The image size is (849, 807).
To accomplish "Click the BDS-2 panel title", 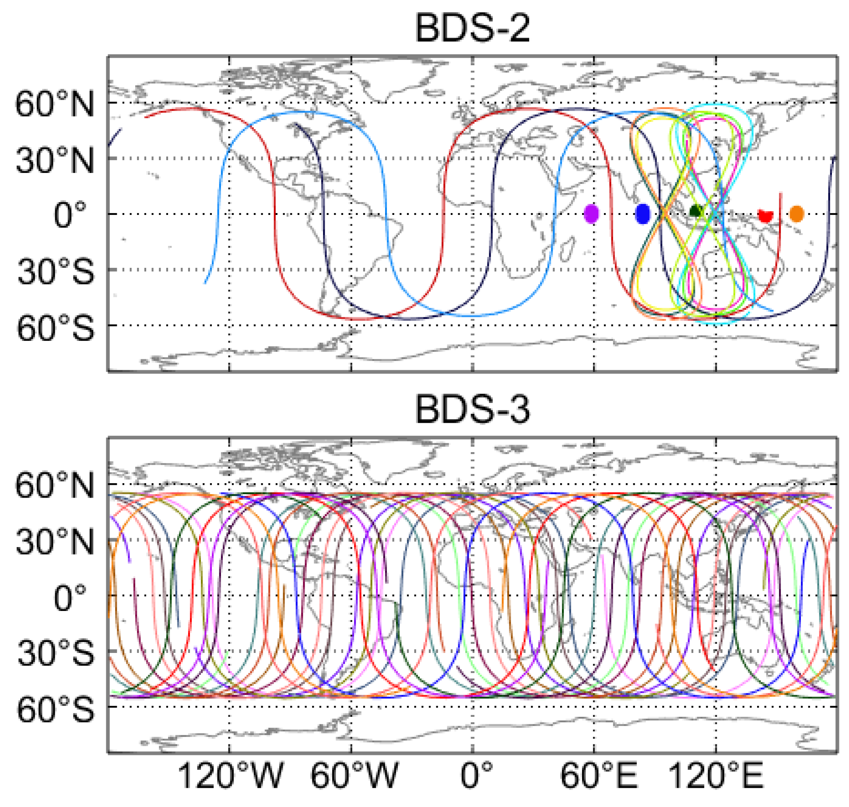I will tap(472, 28).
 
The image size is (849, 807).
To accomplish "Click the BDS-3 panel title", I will tap(472, 409).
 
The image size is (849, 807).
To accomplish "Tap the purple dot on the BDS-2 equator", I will tap(591, 214).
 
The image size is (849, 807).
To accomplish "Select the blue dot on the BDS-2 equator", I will tap(642, 214).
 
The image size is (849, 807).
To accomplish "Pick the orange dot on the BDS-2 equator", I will tap(796, 214).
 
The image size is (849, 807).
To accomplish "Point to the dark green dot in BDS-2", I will tap(695, 211).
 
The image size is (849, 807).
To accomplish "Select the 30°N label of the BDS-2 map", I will tap(54, 160).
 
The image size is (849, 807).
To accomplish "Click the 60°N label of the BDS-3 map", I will tap(54, 485).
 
